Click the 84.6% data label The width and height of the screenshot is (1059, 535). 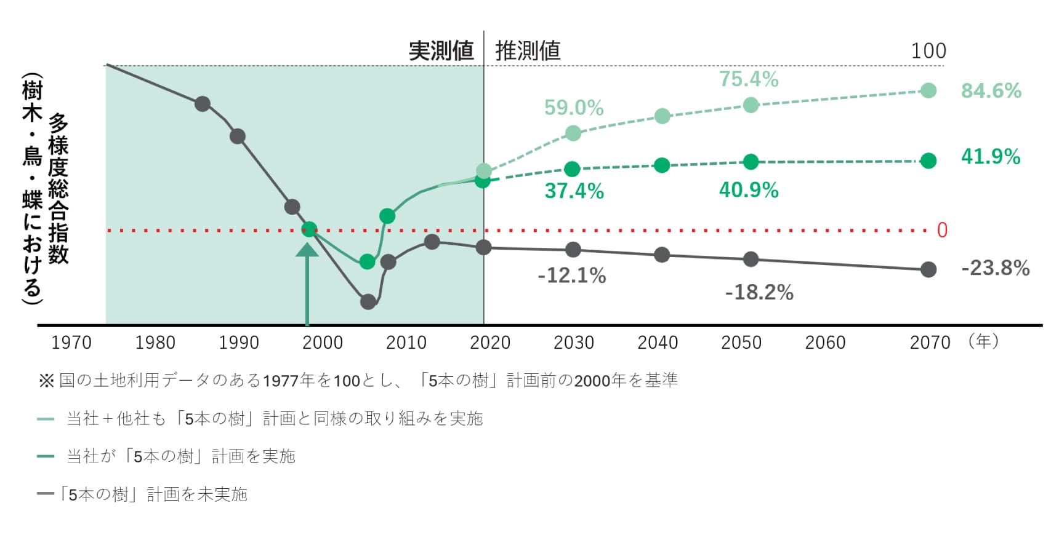(x=991, y=91)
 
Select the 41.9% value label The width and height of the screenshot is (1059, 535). (x=991, y=157)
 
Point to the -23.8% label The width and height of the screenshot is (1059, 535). (x=995, y=268)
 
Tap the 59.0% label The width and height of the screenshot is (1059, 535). (x=574, y=108)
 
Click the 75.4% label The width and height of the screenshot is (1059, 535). (x=749, y=79)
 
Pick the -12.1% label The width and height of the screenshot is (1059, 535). (x=572, y=275)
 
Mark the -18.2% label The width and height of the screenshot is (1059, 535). (x=759, y=293)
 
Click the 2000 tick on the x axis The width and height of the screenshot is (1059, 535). (x=323, y=343)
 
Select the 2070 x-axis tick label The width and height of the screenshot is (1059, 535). (x=930, y=343)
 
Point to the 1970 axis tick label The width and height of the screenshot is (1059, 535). (x=71, y=343)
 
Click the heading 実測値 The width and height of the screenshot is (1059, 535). (x=441, y=51)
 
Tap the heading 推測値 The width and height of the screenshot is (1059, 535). (x=528, y=51)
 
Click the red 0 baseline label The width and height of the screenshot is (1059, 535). (x=942, y=231)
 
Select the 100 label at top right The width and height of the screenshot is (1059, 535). (x=928, y=51)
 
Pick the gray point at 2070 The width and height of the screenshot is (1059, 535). (x=928, y=269)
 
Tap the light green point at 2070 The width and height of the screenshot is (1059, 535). (x=928, y=91)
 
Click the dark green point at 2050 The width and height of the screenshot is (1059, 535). (x=751, y=162)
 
